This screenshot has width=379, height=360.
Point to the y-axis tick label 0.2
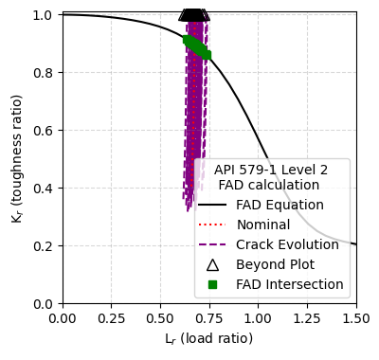[45, 246]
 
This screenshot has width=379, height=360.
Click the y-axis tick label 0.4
[45, 189]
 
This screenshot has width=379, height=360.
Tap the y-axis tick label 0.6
[45, 131]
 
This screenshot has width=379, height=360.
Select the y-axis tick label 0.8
[45, 73]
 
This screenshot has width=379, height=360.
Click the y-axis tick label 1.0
[45, 15]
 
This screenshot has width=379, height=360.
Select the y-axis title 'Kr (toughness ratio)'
[17, 159]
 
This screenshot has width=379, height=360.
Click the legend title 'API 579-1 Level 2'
[271, 170]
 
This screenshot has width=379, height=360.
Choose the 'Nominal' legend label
[263, 225]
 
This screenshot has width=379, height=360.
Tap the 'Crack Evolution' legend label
[287, 244]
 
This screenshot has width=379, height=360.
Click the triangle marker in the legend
[212, 264]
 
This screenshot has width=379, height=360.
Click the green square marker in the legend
[212, 284]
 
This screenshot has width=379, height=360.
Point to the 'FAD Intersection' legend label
[290, 284]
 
